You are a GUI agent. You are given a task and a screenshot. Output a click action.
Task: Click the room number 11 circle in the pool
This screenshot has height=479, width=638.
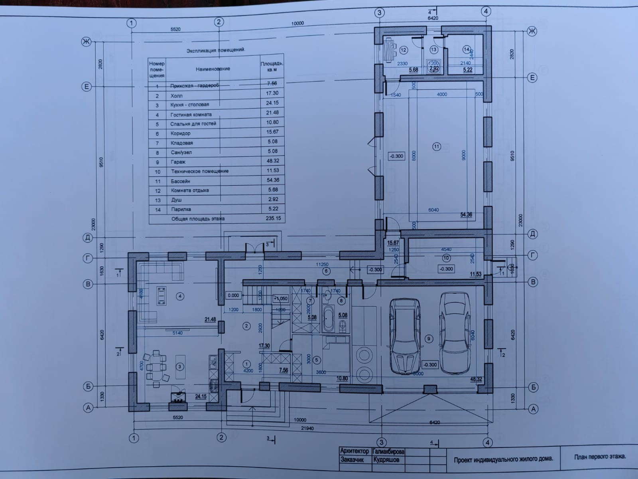(437, 146)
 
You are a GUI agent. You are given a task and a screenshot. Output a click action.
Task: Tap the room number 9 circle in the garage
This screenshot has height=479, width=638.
(429, 339)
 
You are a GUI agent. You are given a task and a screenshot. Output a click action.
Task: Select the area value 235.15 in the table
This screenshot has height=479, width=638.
(273, 218)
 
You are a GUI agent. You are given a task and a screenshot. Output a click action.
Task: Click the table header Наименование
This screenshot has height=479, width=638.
(213, 69)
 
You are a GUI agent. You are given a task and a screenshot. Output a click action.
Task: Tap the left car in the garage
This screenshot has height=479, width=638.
(404, 336)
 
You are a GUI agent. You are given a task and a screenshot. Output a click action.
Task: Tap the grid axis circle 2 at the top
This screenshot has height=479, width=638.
(219, 22)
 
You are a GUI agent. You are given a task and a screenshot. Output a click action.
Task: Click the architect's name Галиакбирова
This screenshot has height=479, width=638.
(388, 451)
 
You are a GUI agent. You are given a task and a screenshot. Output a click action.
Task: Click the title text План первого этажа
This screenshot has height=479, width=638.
(600, 456)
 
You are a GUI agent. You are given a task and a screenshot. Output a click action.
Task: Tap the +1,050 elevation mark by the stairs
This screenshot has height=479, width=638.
(280, 299)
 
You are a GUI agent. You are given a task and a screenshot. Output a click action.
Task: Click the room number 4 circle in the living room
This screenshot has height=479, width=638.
(180, 296)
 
